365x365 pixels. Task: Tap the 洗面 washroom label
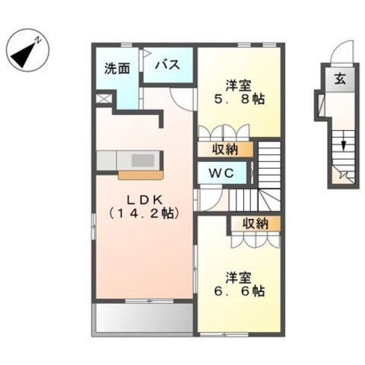click(117, 68)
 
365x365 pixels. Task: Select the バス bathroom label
click(167, 65)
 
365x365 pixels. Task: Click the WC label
click(221, 173)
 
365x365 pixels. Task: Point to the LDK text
click(144, 200)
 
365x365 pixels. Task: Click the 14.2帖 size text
click(144, 214)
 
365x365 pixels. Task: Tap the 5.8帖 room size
click(240, 99)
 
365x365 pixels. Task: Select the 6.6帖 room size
click(240, 291)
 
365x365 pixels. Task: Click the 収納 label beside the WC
click(225, 150)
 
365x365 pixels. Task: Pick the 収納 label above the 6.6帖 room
click(255, 224)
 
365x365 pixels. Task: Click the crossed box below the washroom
click(104, 98)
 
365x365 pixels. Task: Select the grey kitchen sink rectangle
click(143, 160)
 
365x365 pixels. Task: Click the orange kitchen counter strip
click(141, 175)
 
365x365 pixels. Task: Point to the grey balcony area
click(144, 319)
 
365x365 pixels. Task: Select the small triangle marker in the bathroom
click(148, 53)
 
